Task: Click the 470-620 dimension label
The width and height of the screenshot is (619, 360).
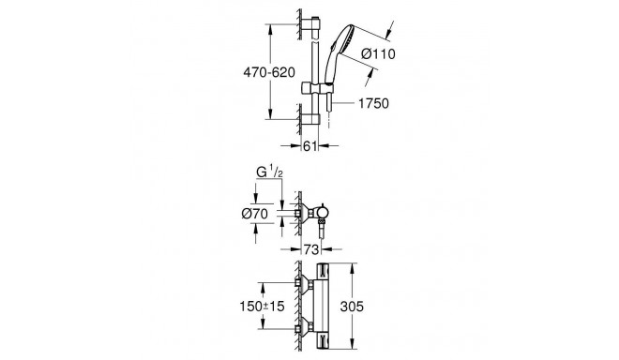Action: pyautogui.click(x=269, y=72)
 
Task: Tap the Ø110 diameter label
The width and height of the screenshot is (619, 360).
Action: pyautogui.click(x=378, y=53)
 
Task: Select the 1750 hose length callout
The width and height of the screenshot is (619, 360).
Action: pyautogui.click(x=373, y=103)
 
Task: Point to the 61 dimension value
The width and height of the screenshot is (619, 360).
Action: pyautogui.click(x=309, y=146)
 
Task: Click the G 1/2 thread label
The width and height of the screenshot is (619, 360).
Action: pyautogui.click(x=269, y=172)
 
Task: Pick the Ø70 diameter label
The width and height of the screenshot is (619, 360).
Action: pyautogui.click(x=254, y=214)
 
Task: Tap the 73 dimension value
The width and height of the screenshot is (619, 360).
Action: pyautogui.click(x=311, y=249)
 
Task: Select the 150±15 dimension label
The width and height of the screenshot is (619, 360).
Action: pyautogui.click(x=262, y=306)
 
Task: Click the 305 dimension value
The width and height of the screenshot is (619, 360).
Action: pyautogui.click(x=352, y=306)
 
